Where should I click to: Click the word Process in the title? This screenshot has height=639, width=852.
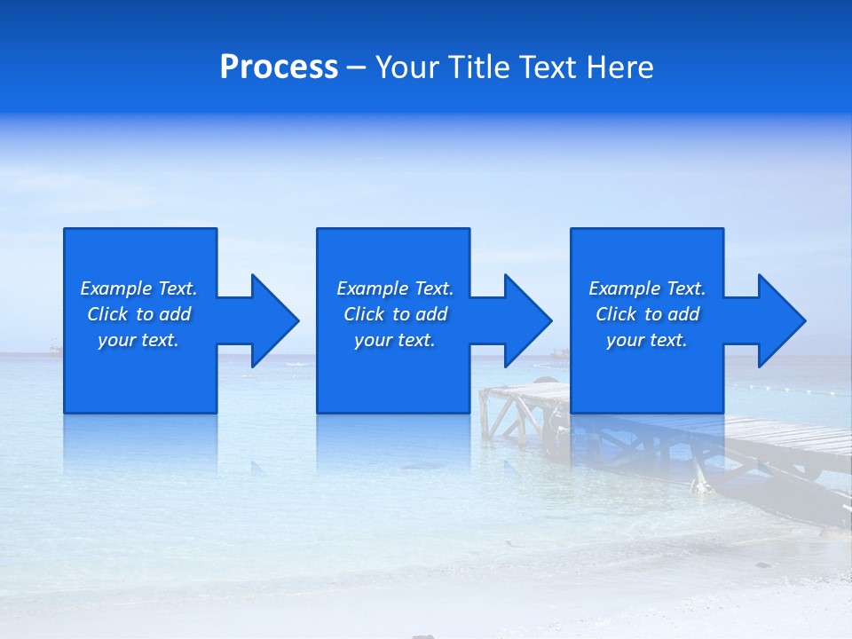[x=279, y=67]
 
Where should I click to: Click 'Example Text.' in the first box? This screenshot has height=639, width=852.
[x=138, y=288]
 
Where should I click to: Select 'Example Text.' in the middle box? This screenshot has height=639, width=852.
[x=395, y=288]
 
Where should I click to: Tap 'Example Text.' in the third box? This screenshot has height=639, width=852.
[x=647, y=288]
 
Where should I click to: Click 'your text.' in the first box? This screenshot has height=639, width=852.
[x=138, y=340]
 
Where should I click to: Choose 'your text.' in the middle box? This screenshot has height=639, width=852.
[x=395, y=340]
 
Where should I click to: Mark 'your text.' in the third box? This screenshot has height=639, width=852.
[x=647, y=340]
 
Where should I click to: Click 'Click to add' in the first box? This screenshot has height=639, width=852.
[x=138, y=314]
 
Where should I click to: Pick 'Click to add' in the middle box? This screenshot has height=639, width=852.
[x=395, y=314]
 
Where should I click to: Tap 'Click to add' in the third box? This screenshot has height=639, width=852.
[x=647, y=314]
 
